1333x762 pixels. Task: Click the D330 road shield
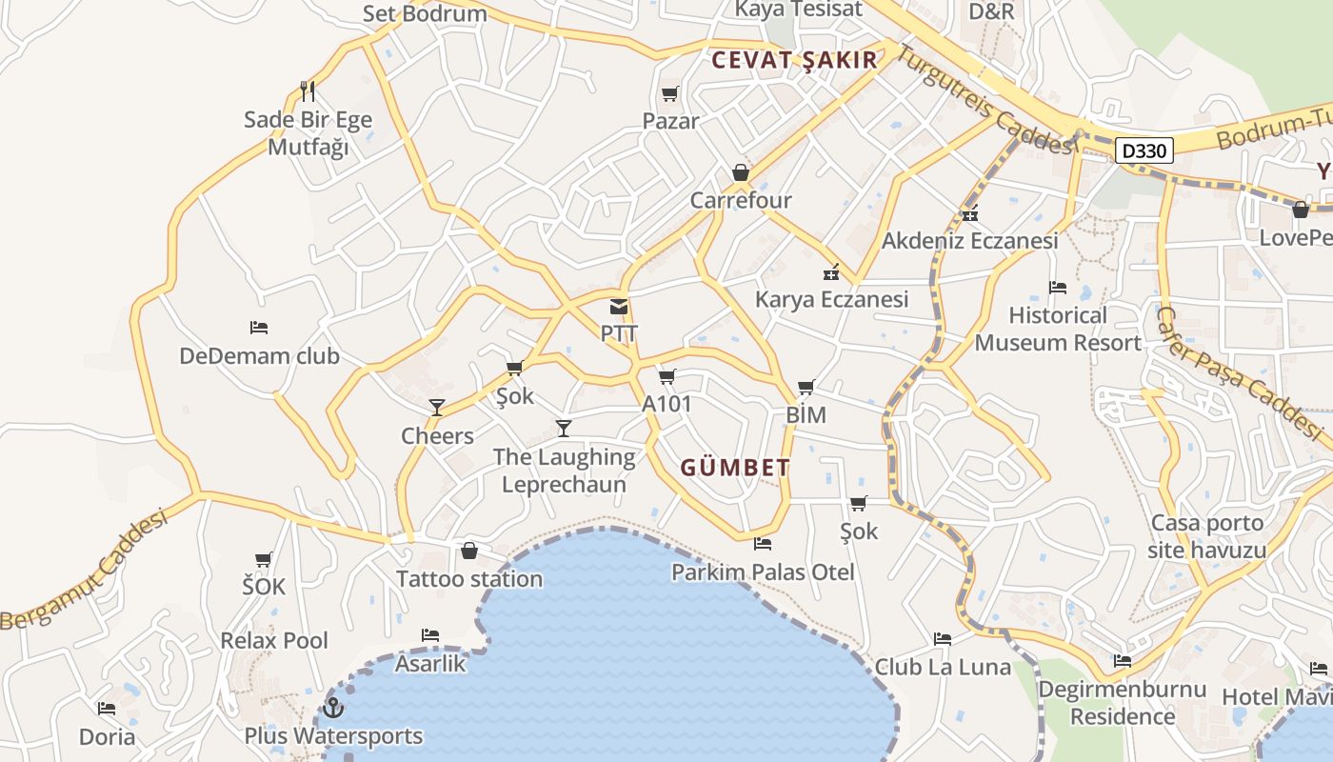(x=1143, y=150)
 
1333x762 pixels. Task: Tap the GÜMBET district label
(x=735, y=468)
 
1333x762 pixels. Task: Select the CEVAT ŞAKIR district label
(x=794, y=60)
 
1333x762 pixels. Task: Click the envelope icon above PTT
(x=619, y=307)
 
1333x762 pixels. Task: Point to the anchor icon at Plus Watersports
(x=332, y=708)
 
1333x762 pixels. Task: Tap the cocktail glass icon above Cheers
(x=437, y=408)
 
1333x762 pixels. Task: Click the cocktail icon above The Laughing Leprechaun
(x=564, y=429)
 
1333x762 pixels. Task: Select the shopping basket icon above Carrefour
(x=741, y=172)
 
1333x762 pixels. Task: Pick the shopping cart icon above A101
(x=666, y=377)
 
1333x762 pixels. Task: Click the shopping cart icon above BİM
(x=806, y=388)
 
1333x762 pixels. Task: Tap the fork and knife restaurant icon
(x=307, y=91)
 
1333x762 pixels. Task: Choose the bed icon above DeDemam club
(x=259, y=328)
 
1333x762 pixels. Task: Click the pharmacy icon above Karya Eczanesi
(x=831, y=272)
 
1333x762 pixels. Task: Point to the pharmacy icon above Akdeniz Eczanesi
(x=970, y=213)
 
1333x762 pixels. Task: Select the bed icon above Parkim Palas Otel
(x=762, y=544)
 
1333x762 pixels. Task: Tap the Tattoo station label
(x=469, y=579)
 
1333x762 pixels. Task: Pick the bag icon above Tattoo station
(x=468, y=551)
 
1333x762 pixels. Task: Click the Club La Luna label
(x=943, y=667)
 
